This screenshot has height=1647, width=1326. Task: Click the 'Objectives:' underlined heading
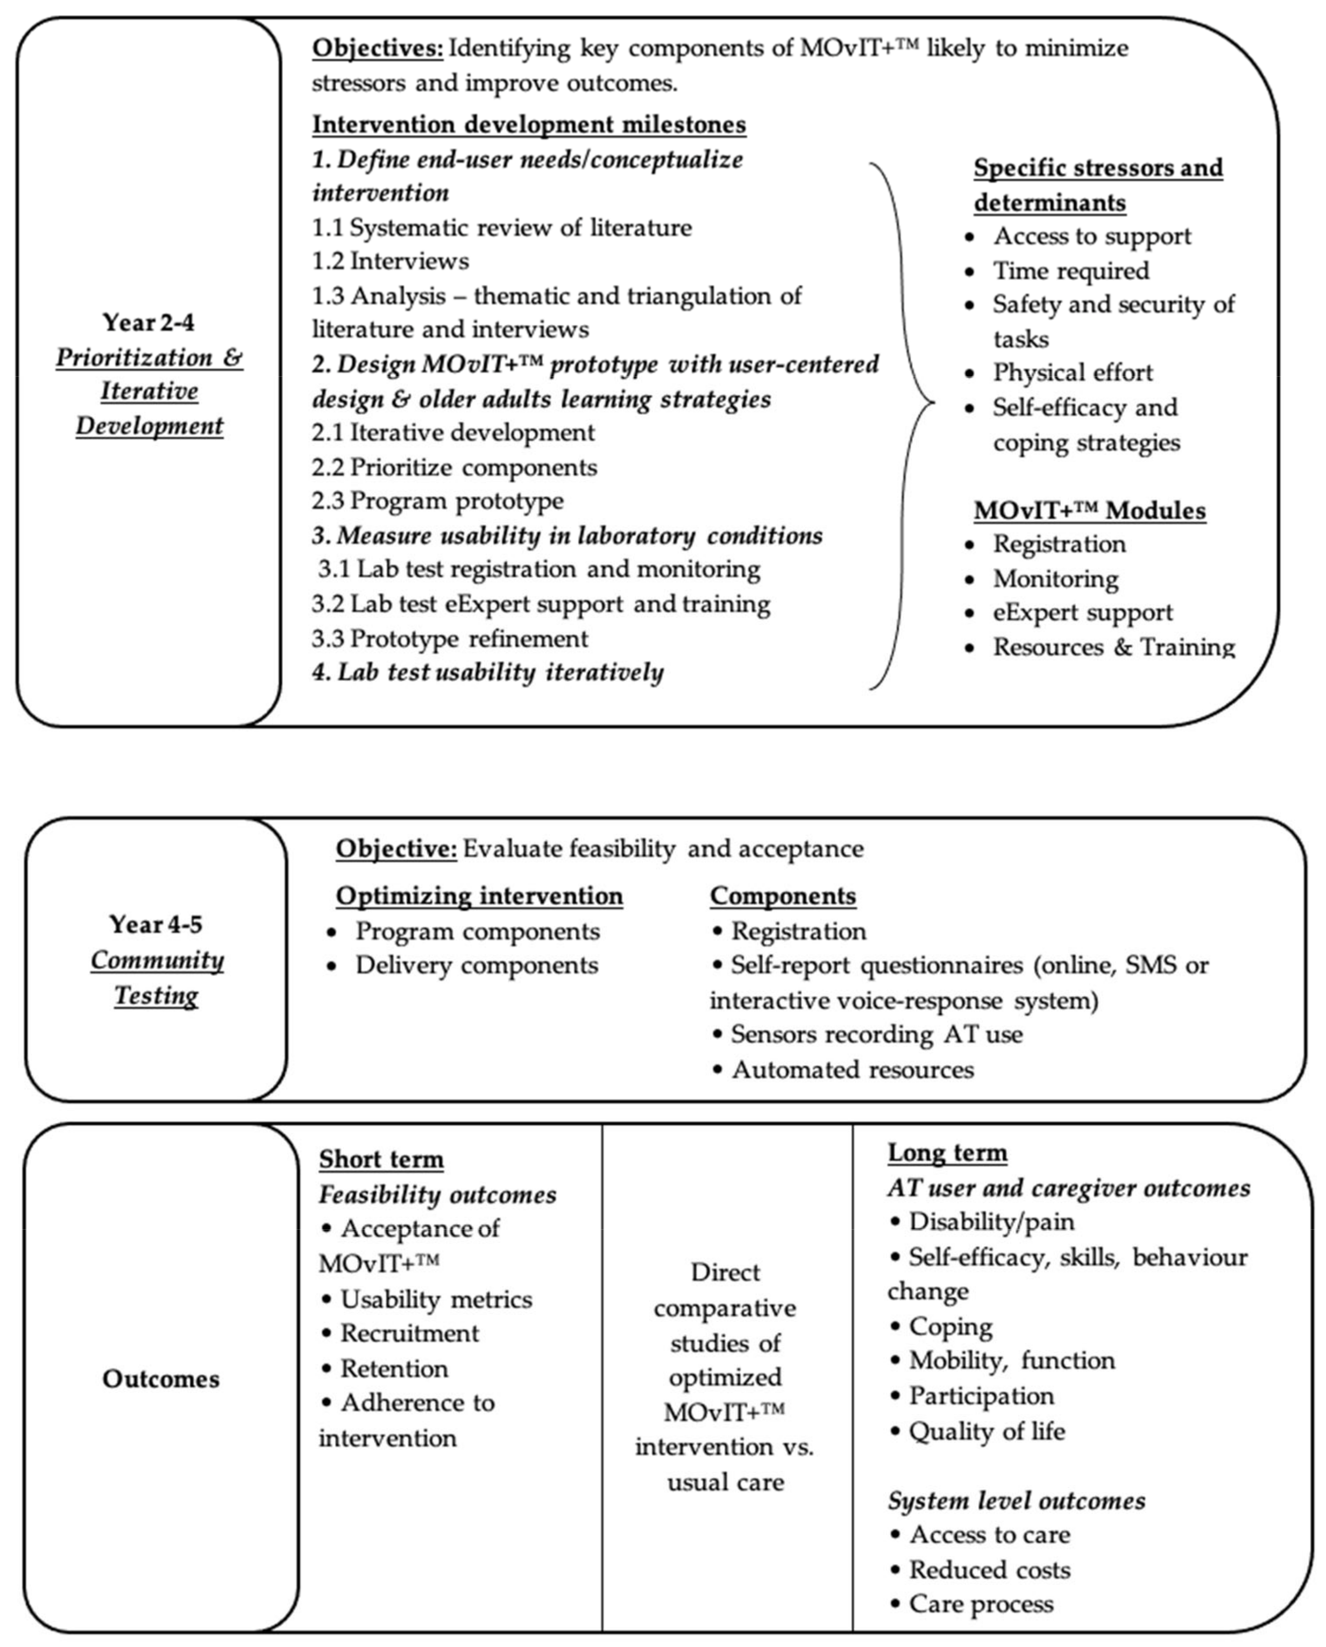377,48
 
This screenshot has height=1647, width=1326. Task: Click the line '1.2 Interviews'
390,261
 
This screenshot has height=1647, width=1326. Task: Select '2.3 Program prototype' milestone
438,501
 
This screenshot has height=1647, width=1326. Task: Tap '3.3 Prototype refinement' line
450,638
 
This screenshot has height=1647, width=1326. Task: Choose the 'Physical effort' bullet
1072,373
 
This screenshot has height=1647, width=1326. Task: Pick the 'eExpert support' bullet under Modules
1082,612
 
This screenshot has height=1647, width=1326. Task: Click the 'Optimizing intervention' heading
479,895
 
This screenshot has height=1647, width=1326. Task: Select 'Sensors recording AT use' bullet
876,1035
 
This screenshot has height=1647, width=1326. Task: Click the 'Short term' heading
381,1159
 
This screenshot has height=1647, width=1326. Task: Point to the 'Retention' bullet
393,1368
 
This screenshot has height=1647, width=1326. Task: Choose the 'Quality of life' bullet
986,1431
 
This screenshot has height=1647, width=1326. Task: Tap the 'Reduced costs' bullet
989,1570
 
